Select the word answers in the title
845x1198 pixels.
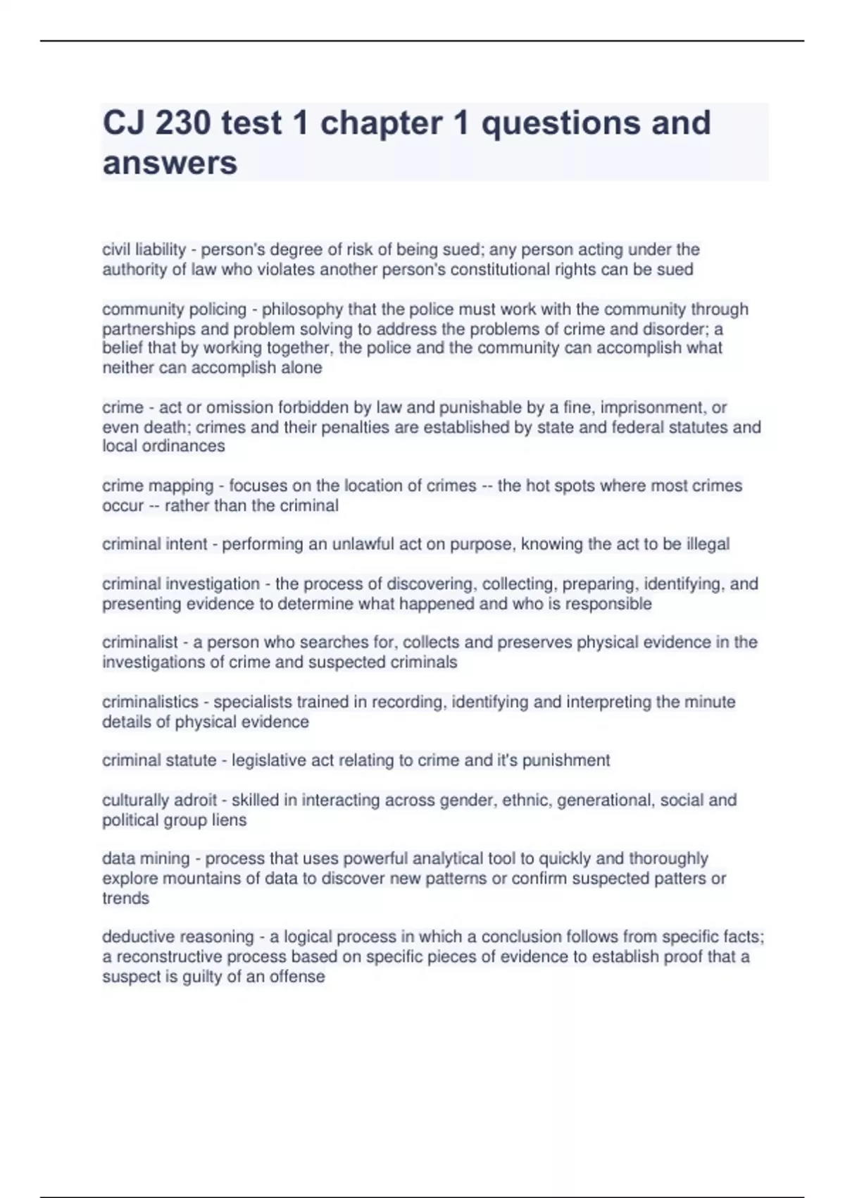pos(170,163)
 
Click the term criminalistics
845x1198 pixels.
pos(150,702)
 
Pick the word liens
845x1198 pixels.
pos(229,820)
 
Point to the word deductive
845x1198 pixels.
pos(142,937)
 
